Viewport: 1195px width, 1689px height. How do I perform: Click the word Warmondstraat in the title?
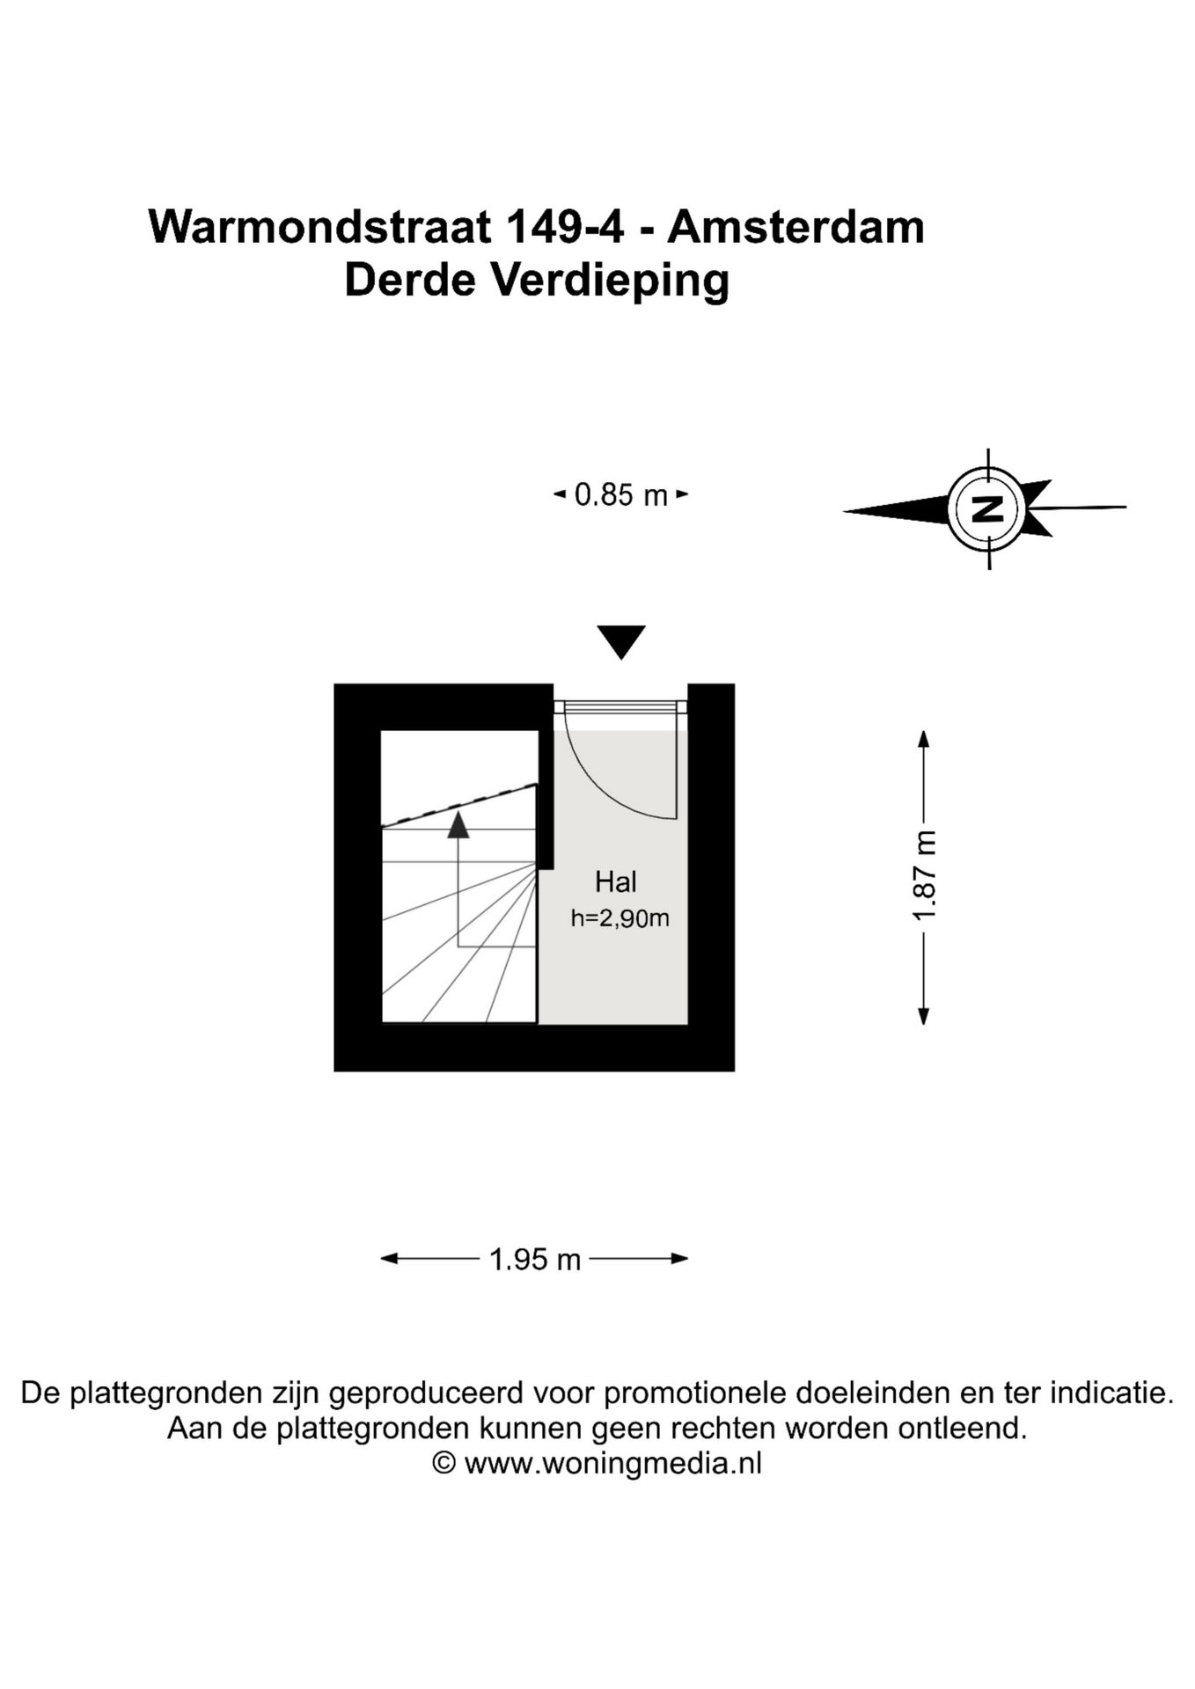(320, 227)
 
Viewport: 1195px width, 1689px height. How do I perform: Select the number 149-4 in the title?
(564, 227)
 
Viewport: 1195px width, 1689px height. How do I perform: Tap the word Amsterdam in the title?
(796, 227)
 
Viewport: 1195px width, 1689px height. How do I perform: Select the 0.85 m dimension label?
(620, 495)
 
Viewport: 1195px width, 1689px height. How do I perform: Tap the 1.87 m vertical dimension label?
(925, 876)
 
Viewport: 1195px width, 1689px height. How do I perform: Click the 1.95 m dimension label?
(535, 1260)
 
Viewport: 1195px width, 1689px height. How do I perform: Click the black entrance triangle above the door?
(621, 641)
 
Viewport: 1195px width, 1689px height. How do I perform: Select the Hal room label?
(616, 881)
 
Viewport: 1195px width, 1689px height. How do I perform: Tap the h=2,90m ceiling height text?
(620, 918)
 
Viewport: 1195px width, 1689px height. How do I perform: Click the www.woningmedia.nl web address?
(612, 1464)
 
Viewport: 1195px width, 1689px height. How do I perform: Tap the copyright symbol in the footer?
(444, 1464)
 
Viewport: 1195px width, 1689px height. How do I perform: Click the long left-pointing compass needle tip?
(845, 511)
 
